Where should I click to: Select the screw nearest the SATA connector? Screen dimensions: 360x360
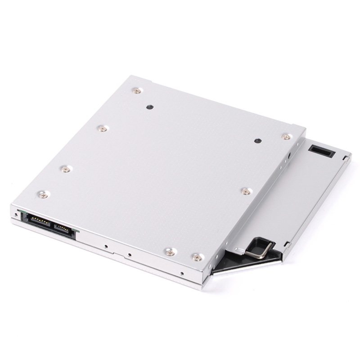click(x=43, y=194)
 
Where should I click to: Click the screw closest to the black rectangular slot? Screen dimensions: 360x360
click(x=285, y=136)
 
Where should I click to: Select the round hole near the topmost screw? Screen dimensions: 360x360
click(x=150, y=108)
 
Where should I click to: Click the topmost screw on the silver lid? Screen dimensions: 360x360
click(x=137, y=91)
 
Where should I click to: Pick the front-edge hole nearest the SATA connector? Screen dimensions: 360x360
click(x=105, y=247)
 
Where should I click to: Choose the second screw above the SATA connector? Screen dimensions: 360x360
click(x=66, y=169)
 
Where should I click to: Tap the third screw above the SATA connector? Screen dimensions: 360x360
click(x=103, y=129)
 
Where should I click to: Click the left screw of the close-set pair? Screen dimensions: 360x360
click(x=170, y=252)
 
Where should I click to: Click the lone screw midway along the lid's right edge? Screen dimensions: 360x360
click(x=245, y=191)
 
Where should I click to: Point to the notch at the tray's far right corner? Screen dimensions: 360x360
click(x=346, y=157)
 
